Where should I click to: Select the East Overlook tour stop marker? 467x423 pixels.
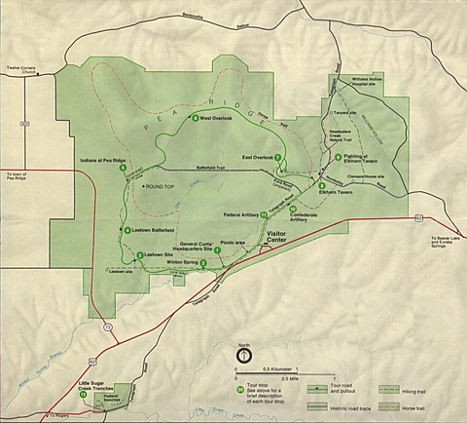coord(279,157)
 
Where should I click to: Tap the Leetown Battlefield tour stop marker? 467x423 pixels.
coord(126,230)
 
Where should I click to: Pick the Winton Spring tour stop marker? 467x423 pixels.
coord(202,262)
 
